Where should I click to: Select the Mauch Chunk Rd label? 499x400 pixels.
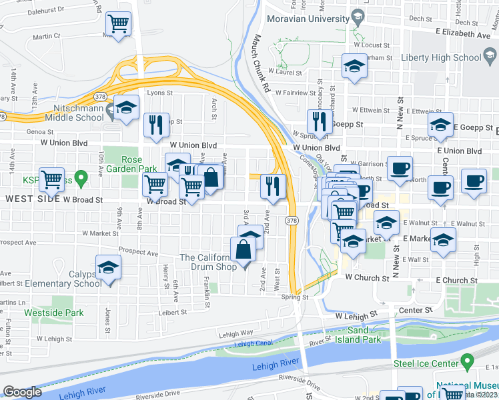[x=260, y=64]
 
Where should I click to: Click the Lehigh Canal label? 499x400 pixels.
[x=255, y=345]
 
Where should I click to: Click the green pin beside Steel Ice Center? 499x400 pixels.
[x=467, y=362]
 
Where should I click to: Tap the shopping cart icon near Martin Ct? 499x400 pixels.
[x=118, y=25]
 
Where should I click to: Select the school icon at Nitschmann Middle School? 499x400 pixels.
[x=125, y=108]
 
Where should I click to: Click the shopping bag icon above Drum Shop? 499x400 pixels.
[x=243, y=251]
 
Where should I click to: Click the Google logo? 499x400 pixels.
[x=22, y=392]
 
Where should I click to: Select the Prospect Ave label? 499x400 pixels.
[x=139, y=253]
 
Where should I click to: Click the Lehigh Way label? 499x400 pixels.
[x=235, y=333]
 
